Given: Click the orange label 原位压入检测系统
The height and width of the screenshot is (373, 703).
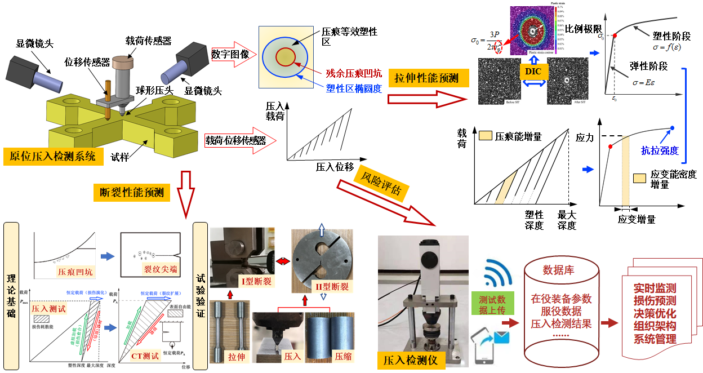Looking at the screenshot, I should click(54, 156).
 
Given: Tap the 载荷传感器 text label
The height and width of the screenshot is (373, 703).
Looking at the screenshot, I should click(148, 41).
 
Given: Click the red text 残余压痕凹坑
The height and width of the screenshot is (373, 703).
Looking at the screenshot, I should click(354, 73).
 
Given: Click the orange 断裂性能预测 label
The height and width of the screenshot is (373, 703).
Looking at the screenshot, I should click(128, 192).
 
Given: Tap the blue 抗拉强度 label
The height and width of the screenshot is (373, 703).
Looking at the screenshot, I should click(660, 150).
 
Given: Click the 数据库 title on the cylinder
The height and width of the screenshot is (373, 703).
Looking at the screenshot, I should click(560, 270).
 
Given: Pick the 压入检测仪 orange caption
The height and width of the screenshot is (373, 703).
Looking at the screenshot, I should click(411, 359).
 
